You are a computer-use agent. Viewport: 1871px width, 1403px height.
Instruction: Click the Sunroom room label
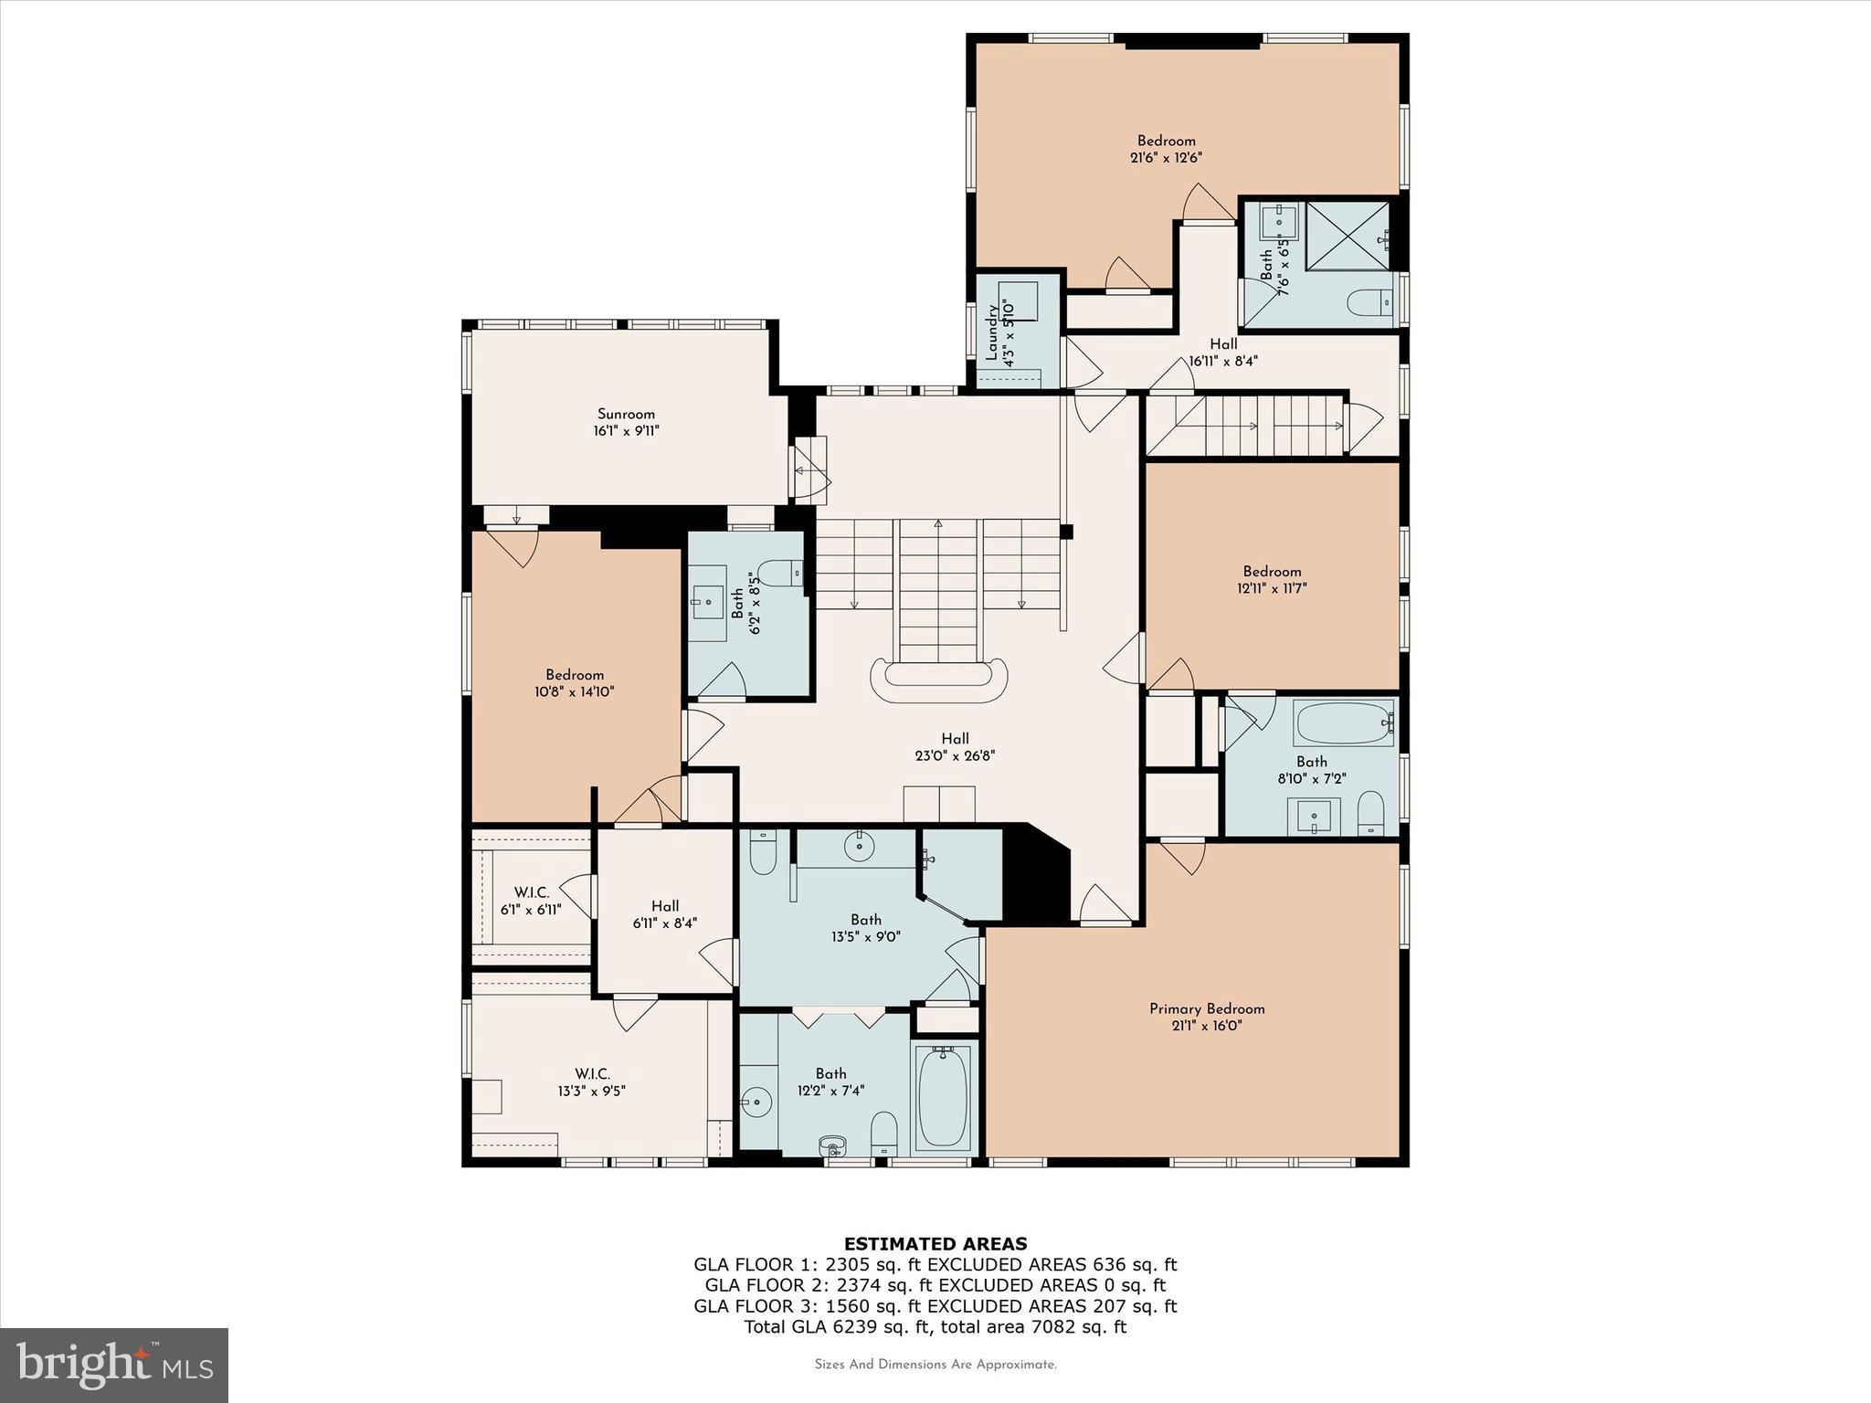click(x=626, y=414)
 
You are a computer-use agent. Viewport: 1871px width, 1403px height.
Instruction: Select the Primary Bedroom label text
click(x=1207, y=1008)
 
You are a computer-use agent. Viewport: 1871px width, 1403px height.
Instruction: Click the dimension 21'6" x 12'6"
click(x=1166, y=157)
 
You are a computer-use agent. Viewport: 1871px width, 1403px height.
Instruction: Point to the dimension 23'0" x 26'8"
click(x=955, y=755)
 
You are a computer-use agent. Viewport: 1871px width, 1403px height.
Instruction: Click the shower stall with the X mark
click(x=1348, y=236)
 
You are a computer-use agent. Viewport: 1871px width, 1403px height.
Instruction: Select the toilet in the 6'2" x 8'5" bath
click(x=779, y=573)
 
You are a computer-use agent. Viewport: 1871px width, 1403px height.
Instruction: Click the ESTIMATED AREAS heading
click(x=935, y=1243)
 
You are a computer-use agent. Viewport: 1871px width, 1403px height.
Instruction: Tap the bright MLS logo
click(x=114, y=1365)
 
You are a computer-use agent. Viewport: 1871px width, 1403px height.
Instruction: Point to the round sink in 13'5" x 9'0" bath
click(x=860, y=847)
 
